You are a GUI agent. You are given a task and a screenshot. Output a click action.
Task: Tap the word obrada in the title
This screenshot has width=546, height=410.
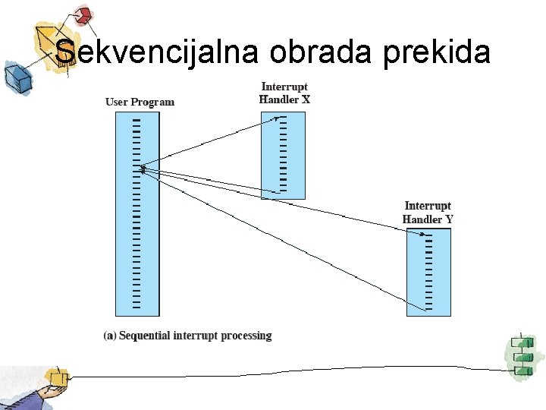320,52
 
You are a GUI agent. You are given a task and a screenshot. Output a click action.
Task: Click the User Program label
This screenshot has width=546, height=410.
140,102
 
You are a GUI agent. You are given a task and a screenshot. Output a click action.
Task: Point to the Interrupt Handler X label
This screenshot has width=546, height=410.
284,93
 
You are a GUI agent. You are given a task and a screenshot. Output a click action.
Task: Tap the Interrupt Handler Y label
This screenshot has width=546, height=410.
428,213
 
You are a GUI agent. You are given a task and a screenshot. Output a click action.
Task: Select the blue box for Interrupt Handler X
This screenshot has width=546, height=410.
283,156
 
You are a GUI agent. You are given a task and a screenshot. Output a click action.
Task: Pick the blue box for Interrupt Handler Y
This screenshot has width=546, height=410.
428,272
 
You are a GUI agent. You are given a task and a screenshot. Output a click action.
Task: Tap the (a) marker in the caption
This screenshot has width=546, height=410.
110,336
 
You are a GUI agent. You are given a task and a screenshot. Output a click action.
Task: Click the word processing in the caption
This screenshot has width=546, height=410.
246,336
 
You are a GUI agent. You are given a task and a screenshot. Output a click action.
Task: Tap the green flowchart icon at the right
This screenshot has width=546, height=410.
522,355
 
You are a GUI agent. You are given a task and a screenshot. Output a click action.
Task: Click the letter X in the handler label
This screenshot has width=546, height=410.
306,99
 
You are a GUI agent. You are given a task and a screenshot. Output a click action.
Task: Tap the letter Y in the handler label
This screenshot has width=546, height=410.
449,219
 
